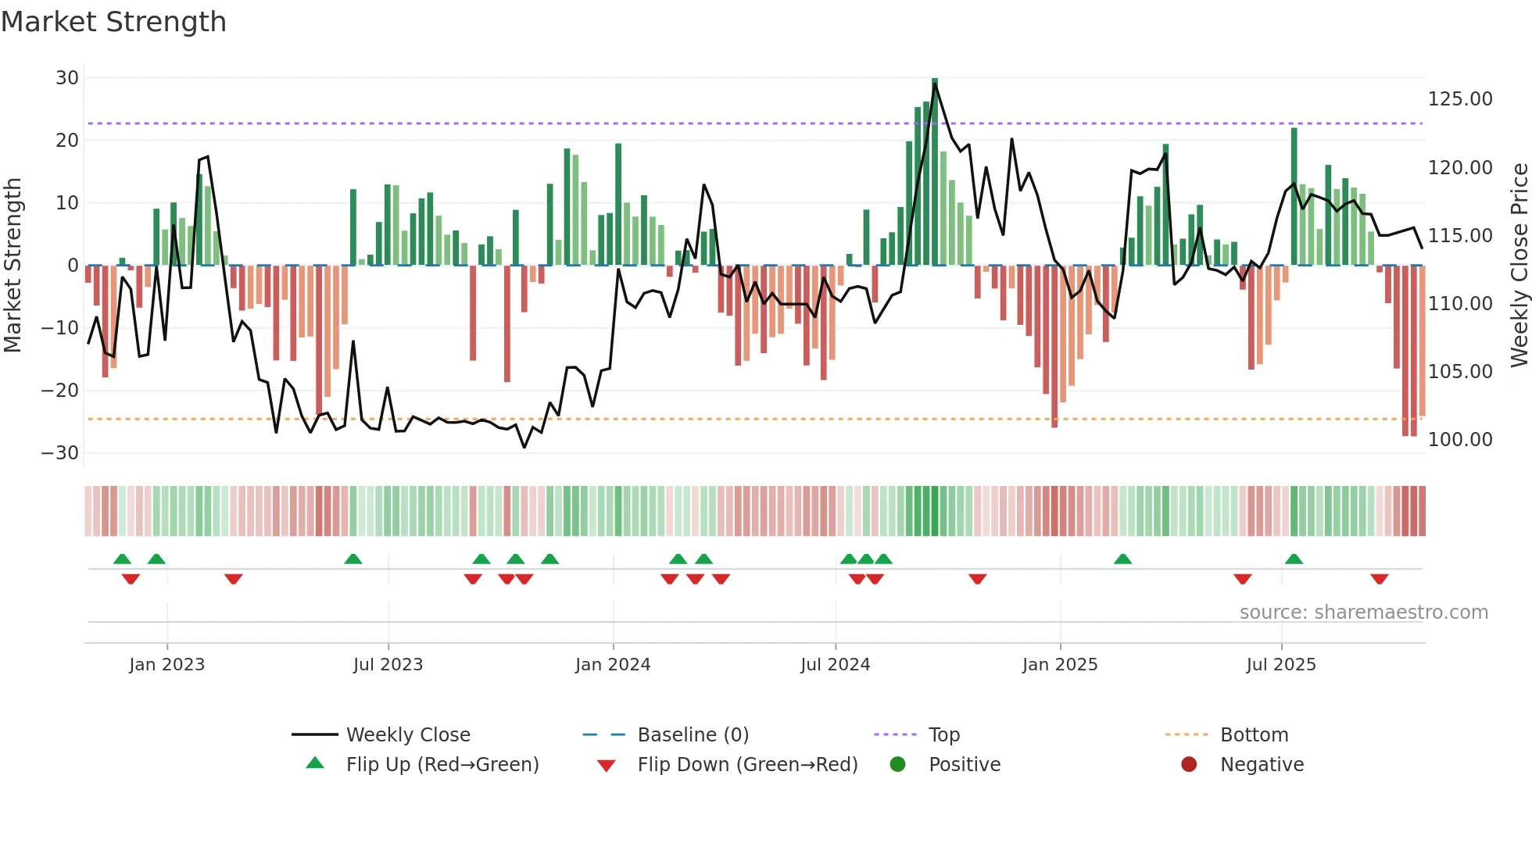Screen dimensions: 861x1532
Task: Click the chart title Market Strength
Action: [113, 22]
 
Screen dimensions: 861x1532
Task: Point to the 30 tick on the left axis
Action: [67, 78]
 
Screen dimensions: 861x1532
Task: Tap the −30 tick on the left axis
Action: [60, 453]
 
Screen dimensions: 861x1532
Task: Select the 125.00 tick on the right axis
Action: [1460, 99]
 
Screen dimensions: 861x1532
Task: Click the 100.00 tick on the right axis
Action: [1460, 440]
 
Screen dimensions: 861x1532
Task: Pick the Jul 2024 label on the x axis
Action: [835, 665]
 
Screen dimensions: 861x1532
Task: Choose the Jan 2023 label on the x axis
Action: [166, 665]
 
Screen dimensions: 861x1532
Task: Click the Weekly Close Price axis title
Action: [1519, 266]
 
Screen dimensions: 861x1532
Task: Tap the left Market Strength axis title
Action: [13, 266]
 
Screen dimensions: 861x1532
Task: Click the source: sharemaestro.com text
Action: [1363, 613]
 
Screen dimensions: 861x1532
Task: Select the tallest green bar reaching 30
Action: [935, 172]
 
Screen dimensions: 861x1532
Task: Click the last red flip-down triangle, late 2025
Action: [1379, 579]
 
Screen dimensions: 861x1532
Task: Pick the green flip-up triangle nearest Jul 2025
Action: [1294, 559]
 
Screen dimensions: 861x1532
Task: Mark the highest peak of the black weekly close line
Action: [935, 84]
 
